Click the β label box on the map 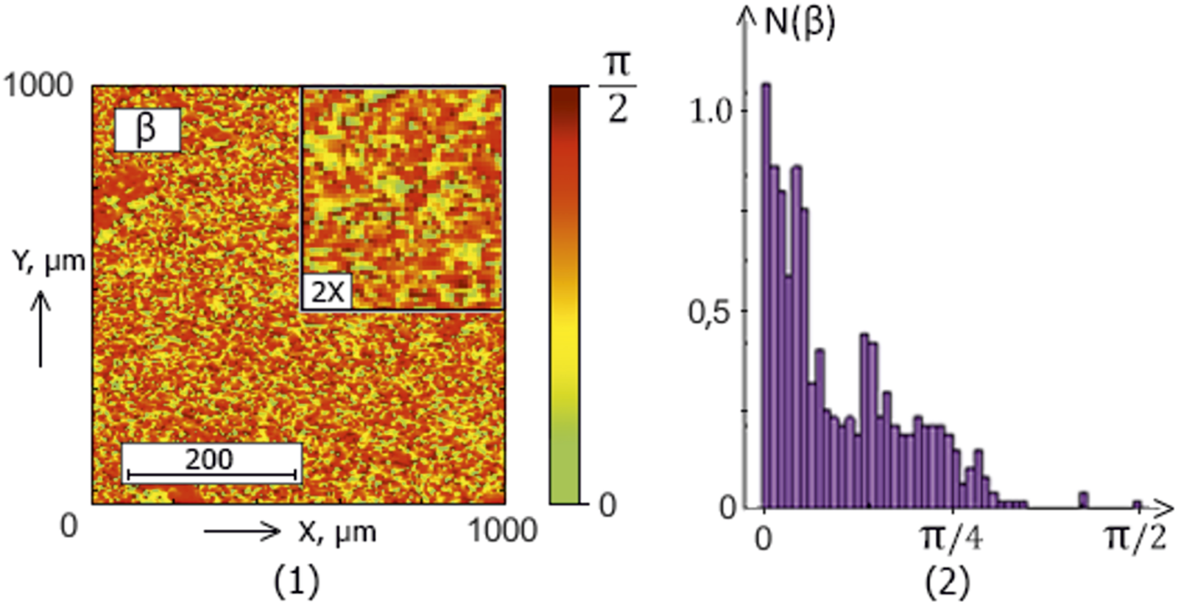coord(147,130)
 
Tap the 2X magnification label coord(327,292)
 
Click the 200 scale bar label coord(210,459)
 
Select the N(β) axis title coord(800,22)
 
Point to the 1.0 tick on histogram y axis coord(711,111)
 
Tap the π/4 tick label coord(952,539)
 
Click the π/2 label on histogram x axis coord(1136,539)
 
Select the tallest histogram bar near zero coord(766,295)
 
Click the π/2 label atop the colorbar coord(617,87)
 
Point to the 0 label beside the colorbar coord(607,506)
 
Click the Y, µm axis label coord(49,261)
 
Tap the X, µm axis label coord(336,531)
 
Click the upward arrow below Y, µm coord(40,329)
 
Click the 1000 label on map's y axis coord(39,85)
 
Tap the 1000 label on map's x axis coord(503,530)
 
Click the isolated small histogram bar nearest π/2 coord(1137,505)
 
